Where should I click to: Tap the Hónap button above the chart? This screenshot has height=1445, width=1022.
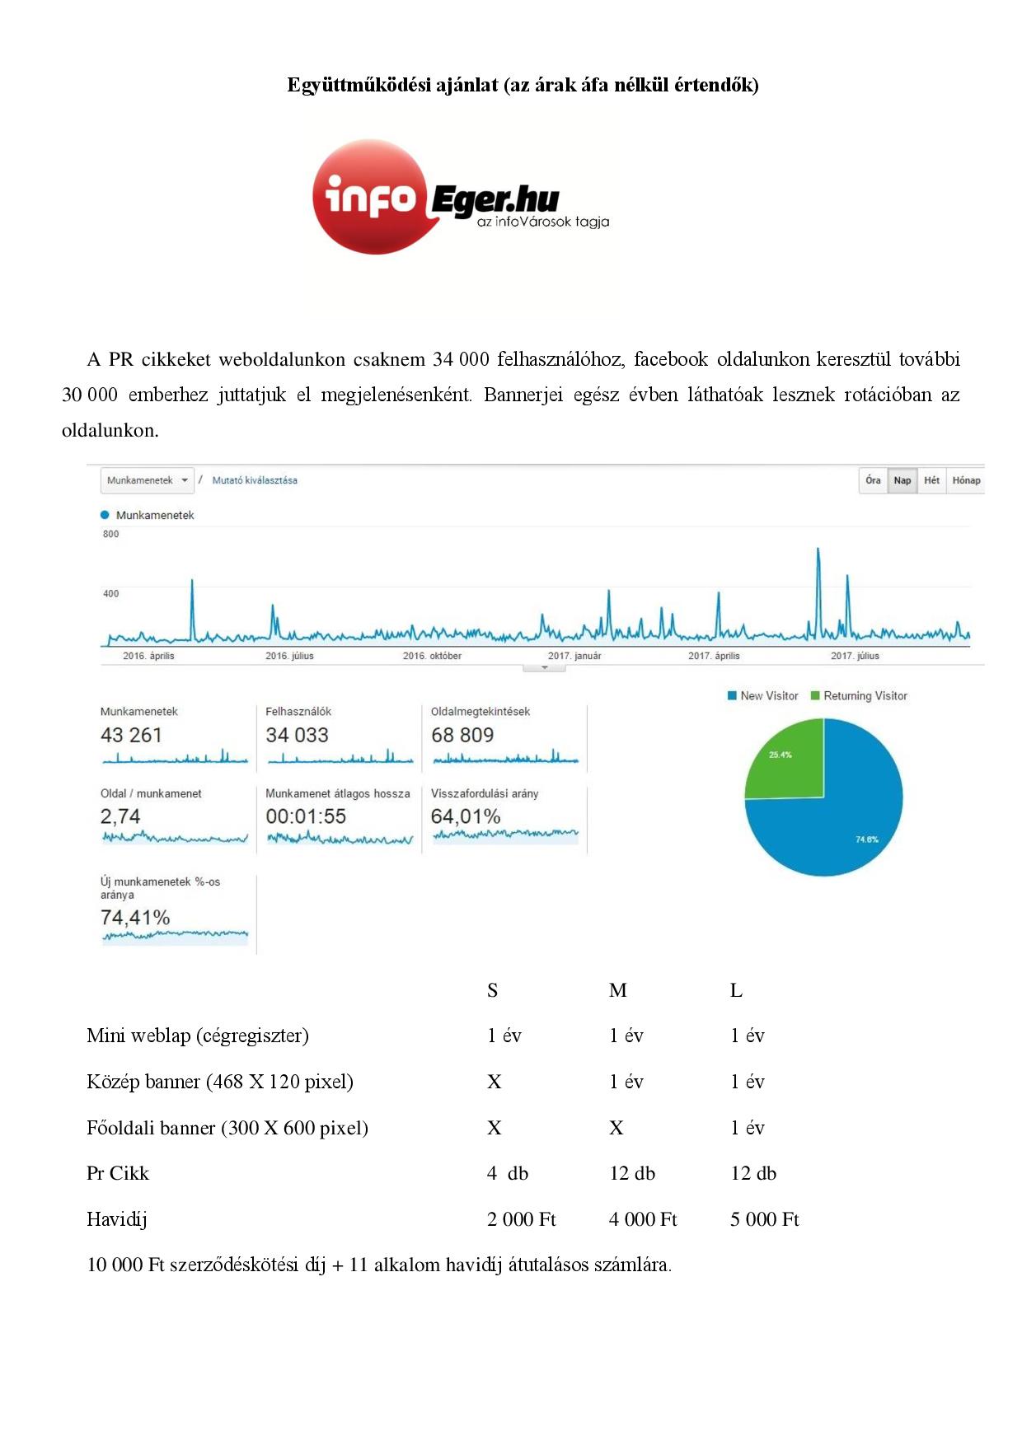point(966,480)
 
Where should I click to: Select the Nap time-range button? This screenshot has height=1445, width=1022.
point(902,480)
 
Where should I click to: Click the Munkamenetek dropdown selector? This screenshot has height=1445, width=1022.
point(147,480)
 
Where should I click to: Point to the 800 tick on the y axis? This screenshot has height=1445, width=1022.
point(110,534)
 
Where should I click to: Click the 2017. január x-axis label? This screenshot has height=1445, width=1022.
point(574,656)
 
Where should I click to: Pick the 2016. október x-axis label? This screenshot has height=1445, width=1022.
point(432,656)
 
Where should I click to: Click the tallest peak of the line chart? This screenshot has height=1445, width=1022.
point(818,549)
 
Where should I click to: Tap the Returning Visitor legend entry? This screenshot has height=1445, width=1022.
point(859,696)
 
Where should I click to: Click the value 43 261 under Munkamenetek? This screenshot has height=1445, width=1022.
point(131,735)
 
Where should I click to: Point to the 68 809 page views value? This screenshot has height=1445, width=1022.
point(462,735)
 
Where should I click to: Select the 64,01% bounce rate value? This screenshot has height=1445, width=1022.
point(466,816)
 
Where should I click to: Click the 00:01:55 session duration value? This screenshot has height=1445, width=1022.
point(306,816)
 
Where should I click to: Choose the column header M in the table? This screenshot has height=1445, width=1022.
point(617,990)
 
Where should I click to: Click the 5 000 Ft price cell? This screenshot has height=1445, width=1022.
point(764,1219)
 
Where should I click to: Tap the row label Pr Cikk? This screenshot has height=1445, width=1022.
point(118,1173)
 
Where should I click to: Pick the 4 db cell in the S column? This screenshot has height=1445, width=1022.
point(507,1173)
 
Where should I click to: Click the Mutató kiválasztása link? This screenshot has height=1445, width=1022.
point(255,480)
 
